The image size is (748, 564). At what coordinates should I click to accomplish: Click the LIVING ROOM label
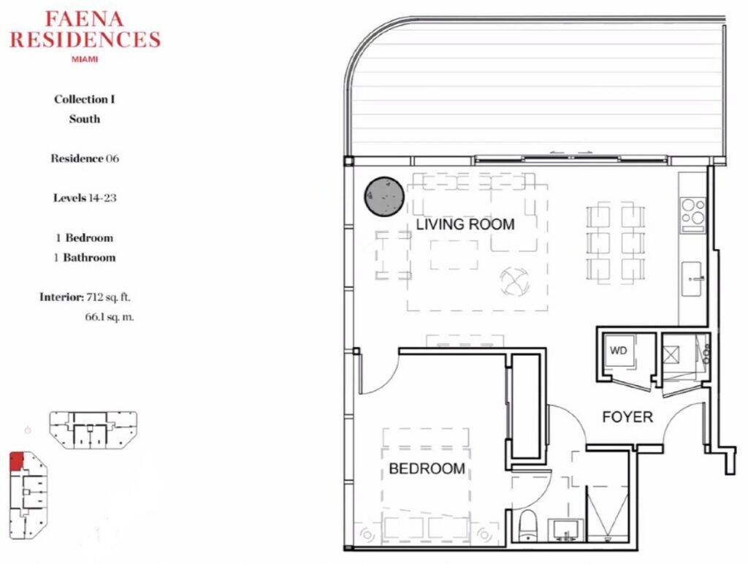[x=465, y=224]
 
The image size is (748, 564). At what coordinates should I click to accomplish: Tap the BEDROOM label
[x=427, y=468]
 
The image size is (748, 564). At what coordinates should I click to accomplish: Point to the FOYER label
[x=627, y=417]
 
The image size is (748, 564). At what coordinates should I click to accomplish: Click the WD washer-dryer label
[x=618, y=351]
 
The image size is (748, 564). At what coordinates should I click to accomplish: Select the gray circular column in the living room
[x=384, y=197]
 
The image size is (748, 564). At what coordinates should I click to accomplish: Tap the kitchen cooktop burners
[x=693, y=216]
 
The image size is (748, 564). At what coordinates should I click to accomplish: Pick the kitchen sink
[x=691, y=278]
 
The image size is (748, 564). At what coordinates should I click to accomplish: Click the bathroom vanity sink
[x=566, y=530]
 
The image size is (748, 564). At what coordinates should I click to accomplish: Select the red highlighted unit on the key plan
[x=16, y=461]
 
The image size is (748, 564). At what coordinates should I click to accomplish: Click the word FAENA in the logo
[x=85, y=19]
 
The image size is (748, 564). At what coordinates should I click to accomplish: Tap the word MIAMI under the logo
[x=85, y=60]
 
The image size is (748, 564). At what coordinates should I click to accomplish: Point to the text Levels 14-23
[x=85, y=197]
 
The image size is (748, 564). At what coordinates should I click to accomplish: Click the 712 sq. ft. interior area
[x=108, y=297]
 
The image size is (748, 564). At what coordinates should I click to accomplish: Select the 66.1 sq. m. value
[x=110, y=317]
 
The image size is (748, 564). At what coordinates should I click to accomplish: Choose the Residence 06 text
[x=85, y=159]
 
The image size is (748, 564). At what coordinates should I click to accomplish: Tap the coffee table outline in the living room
[x=454, y=255]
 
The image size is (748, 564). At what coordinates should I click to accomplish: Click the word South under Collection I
[x=85, y=119]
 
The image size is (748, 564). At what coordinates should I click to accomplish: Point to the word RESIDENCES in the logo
[x=85, y=39]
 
